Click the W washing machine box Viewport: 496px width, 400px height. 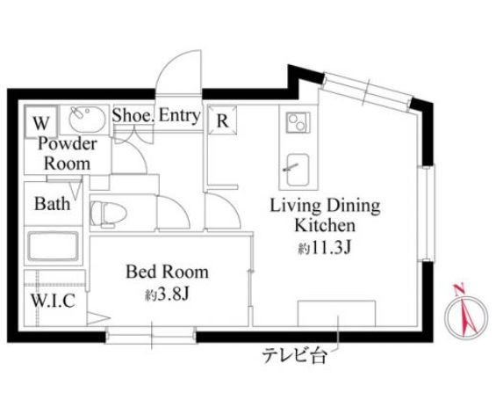click(x=40, y=122)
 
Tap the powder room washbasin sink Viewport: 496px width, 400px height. click(x=87, y=119)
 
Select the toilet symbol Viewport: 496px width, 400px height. click(x=108, y=215)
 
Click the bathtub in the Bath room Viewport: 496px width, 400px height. click(x=54, y=246)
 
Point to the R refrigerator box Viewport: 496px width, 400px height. click(x=222, y=120)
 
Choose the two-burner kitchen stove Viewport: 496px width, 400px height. click(x=298, y=122)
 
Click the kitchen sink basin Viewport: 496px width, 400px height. click(x=298, y=170)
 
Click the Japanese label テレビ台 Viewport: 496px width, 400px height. click(x=295, y=356)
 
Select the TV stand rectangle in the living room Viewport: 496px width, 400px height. click(x=336, y=313)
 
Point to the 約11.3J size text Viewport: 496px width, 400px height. click(x=325, y=248)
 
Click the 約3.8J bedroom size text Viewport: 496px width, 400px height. click(x=167, y=295)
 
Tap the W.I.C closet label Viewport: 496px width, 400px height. click(x=54, y=301)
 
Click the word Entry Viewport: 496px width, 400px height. click(x=179, y=115)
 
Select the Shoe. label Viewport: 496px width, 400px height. click(x=133, y=115)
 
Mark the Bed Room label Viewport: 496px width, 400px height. click(x=167, y=272)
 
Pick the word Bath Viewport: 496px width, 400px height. click(x=52, y=204)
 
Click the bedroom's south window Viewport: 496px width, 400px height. click(x=151, y=335)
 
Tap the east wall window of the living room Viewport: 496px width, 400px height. click(x=427, y=214)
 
